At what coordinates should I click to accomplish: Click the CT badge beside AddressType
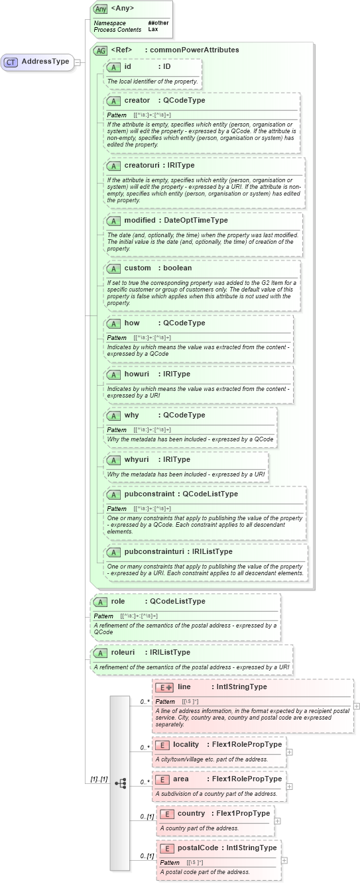[11, 62]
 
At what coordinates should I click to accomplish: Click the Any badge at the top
[101, 9]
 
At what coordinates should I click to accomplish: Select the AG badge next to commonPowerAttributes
[101, 50]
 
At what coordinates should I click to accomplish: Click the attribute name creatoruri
[141, 165]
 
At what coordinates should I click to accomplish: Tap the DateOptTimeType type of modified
[196, 220]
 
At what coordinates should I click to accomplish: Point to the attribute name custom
[137, 268]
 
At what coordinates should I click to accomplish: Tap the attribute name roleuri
[123, 652]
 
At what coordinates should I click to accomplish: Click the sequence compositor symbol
[120, 783]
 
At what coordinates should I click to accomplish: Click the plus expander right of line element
[357, 706]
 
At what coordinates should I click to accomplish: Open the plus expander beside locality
[290, 751]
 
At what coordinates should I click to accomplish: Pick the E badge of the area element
[162, 779]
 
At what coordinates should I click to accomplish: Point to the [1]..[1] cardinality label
[98, 779]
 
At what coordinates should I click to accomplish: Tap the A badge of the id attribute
[113, 66]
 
